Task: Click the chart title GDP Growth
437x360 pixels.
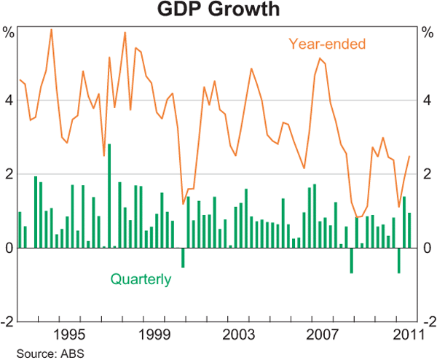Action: (219, 11)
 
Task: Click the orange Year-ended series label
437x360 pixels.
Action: (327, 44)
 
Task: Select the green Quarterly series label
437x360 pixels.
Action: (141, 278)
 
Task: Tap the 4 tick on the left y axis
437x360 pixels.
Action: (8, 100)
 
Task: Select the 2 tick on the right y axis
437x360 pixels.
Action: (428, 174)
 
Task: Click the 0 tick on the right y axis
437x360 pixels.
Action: (428, 249)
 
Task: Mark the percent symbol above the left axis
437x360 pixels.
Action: (8, 33)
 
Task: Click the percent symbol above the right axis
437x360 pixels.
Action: (428, 33)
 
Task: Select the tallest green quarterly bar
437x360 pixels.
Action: (109, 195)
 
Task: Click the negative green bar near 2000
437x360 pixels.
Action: (183, 257)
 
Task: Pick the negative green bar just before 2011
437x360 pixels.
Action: (398, 260)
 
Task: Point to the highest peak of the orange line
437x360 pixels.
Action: (51, 30)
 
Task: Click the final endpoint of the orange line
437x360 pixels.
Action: (409, 156)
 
